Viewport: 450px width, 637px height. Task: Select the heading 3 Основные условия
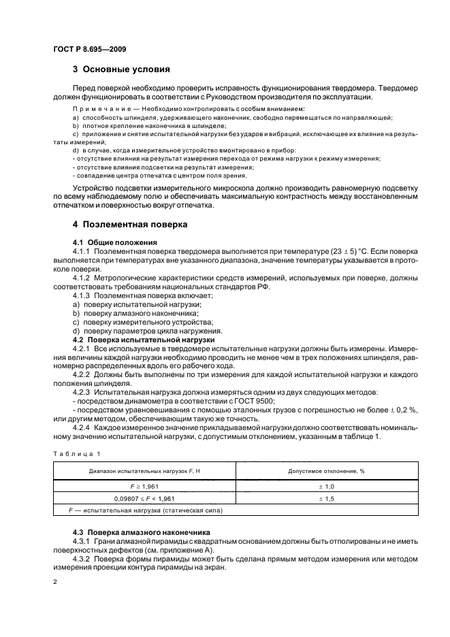[x=121, y=69]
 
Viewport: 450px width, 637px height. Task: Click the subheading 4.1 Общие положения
[x=114, y=242]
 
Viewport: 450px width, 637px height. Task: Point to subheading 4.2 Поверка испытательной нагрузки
[x=143, y=338]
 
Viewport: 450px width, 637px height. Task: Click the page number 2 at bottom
[x=56, y=582]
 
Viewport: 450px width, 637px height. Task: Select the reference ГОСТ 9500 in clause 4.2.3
[x=235, y=402]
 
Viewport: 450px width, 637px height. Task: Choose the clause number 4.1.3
[x=81, y=295]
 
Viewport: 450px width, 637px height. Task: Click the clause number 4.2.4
[x=81, y=427]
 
